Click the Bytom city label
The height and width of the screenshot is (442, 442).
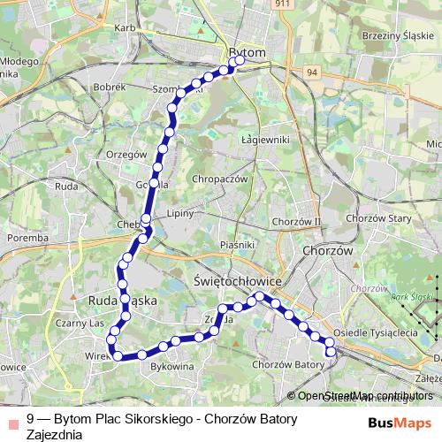[x=247, y=53]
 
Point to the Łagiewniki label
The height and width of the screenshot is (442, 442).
[x=265, y=140]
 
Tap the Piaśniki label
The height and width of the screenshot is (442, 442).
[x=239, y=244]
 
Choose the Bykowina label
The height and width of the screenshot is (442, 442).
[x=171, y=364]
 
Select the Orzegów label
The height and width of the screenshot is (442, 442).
[x=125, y=153]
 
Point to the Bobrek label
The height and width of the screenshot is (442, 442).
[x=110, y=88]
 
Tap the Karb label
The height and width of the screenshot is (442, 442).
[x=124, y=28]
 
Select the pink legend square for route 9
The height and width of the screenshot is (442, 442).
[x=12, y=422]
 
